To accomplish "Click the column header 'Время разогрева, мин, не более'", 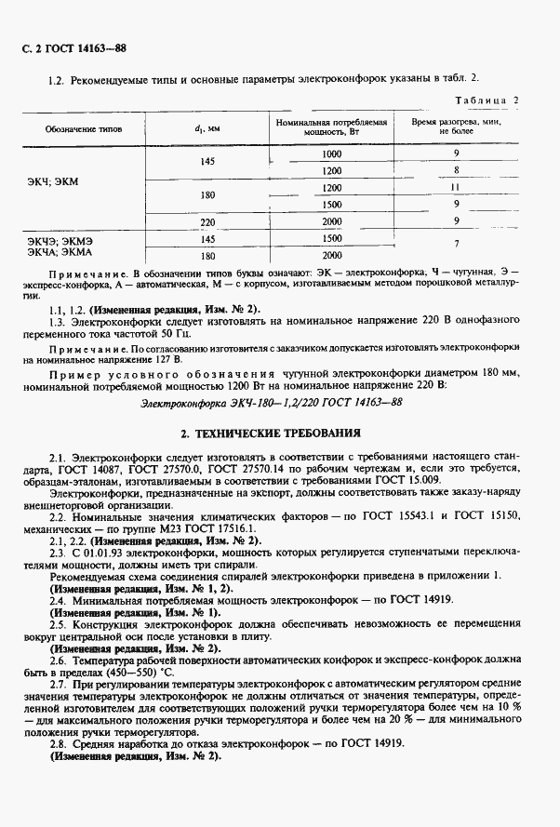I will coord(457,127).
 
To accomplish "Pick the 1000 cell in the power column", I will coord(332,153).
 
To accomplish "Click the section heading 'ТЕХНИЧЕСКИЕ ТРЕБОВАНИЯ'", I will coord(287,433).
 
